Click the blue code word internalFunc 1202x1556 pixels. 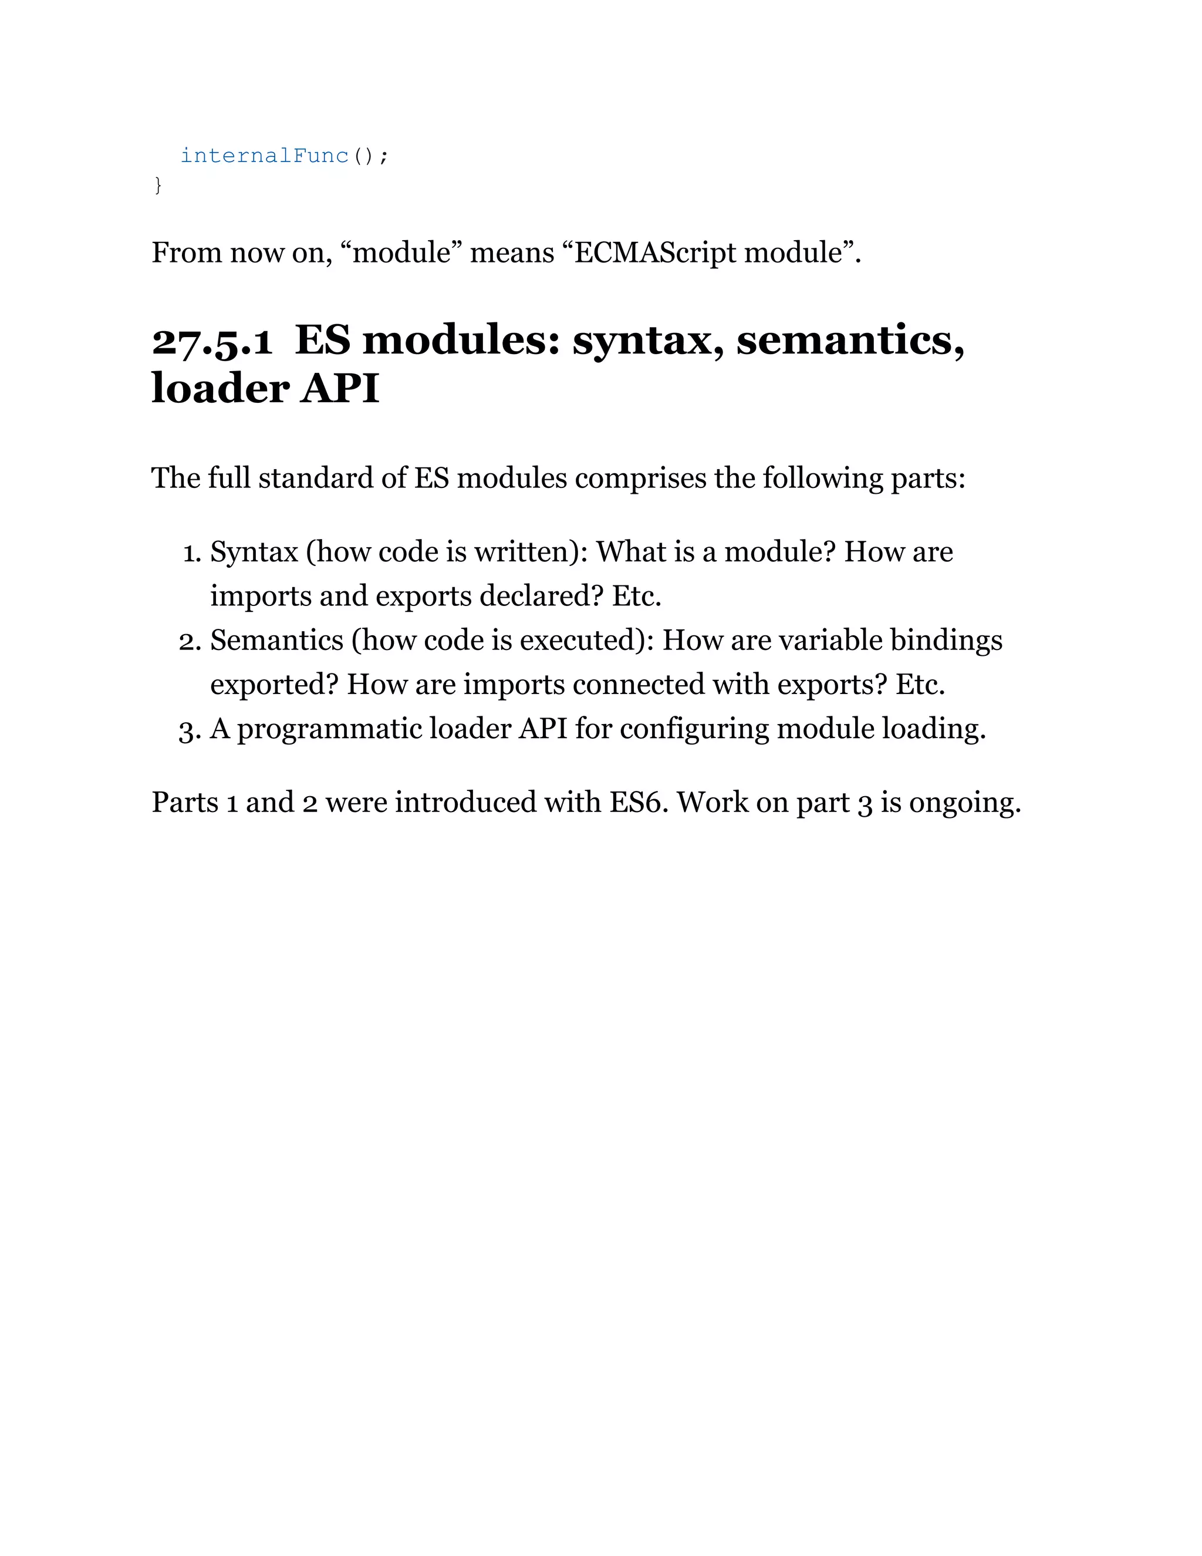click(264, 156)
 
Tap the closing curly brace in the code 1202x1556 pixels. click(158, 185)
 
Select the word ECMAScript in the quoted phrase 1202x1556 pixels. click(655, 253)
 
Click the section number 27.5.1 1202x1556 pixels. click(212, 341)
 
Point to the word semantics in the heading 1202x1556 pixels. click(850, 341)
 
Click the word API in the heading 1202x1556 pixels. click(340, 389)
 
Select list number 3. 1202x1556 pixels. click(190, 729)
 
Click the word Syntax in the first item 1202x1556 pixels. click(254, 552)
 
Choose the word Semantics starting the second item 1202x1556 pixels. click(277, 641)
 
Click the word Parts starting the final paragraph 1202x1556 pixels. click(184, 803)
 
